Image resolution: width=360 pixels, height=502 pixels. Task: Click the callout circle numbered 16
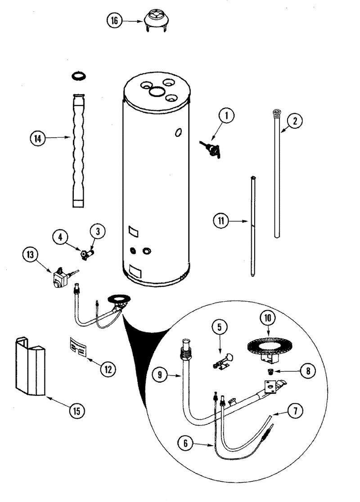click(x=114, y=21)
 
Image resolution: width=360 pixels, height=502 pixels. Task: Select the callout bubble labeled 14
click(x=38, y=139)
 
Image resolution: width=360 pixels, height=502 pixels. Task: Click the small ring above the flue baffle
click(x=79, y=76)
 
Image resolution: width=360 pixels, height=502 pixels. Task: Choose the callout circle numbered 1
click(x=226, y=116)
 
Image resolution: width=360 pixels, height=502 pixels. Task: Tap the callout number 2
click(x=294, y=121)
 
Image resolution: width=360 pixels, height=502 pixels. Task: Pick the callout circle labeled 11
click(x=221, y=221)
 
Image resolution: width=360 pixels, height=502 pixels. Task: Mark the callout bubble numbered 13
click(x=30, y=254)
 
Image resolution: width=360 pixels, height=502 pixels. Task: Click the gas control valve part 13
click(x=63, y=278)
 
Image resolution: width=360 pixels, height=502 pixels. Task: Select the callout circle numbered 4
click(x=60, y=237)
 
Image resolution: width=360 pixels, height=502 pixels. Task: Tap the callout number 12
click(x=108, y=370)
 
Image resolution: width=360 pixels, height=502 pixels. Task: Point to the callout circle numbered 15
click(x=77, y=411)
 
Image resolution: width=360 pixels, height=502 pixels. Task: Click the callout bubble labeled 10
click(x=267, y=318)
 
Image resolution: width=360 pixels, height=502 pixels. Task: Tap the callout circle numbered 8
click(x=308, y=371)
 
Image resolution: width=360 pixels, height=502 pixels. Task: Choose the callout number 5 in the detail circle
click(x=220, y=327)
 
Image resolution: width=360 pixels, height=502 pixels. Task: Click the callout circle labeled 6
click(x=185, y=443)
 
